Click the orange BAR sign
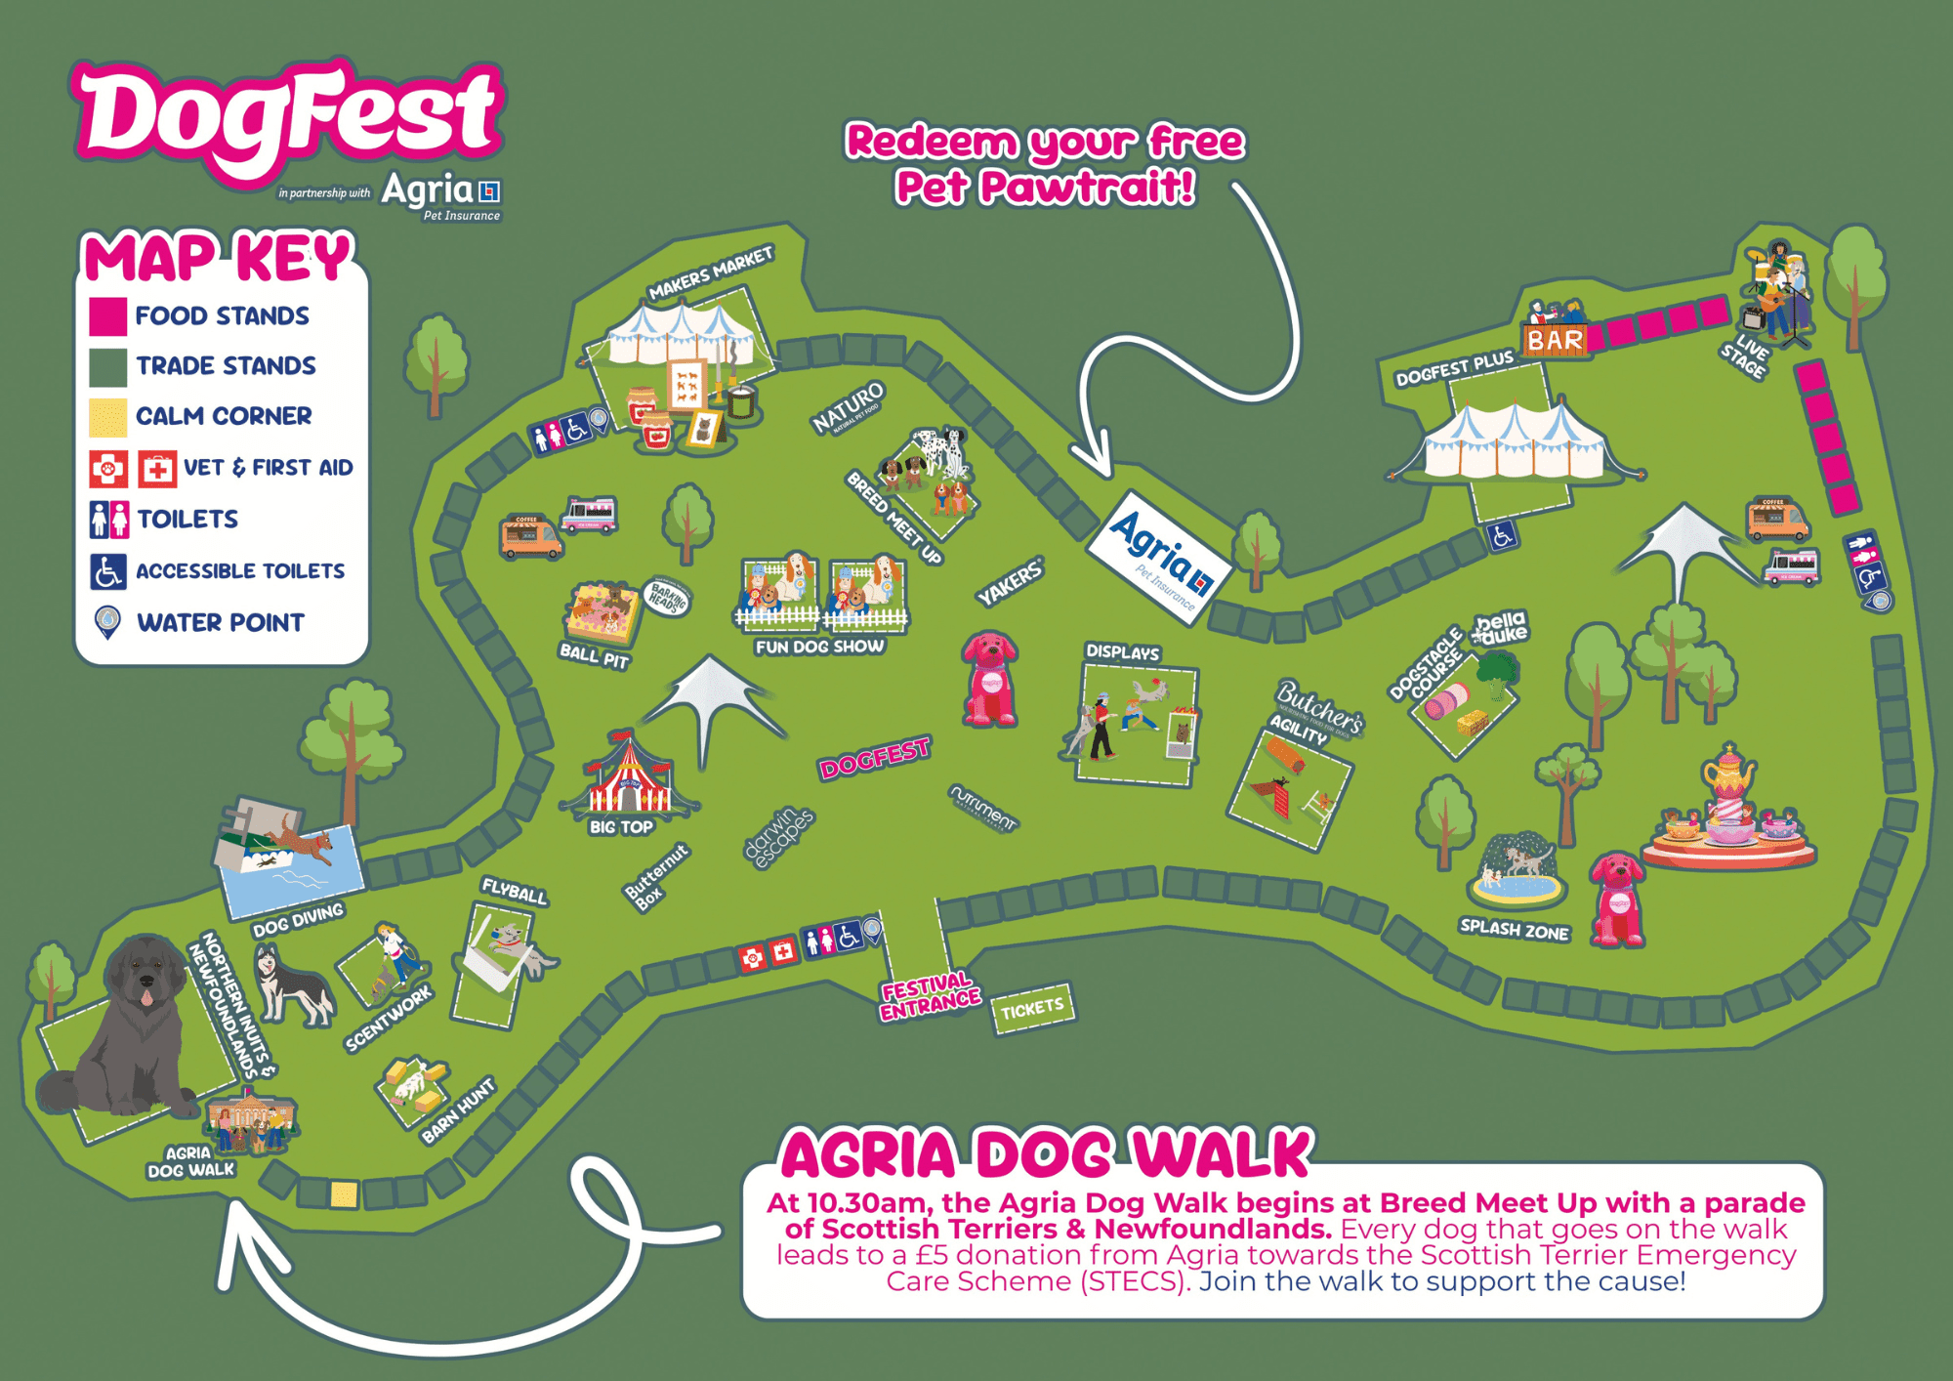pos(1555,340)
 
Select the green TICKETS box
pos(1032,1008)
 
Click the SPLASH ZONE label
pos(1514,929)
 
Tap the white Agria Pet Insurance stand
pos(1160,558)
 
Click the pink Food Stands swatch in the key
pos(107,316)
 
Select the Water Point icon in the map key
pos(107,622)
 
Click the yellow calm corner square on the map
pos(344,1193)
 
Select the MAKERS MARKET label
pos(711,273)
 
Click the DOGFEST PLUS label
pos(1454,368)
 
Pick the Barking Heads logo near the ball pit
pos(668,598)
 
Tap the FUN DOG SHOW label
pos(819,647)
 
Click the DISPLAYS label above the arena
pos(1123,651)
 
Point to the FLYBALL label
pos(515,891)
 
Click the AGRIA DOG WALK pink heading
pos(1046,1154)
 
